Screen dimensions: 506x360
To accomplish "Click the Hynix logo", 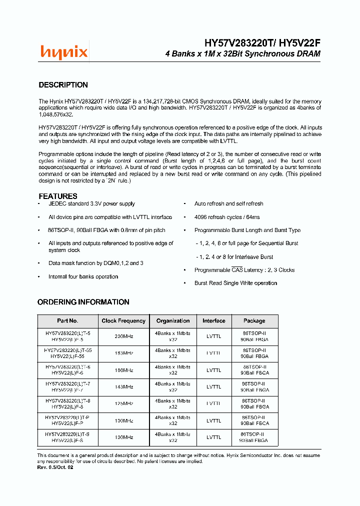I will tap(64, 51).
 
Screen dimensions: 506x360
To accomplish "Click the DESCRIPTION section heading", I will tap(63, 85).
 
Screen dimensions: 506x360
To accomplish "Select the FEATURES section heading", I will tap(58, 196).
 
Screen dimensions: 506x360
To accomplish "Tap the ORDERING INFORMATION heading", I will tap(83, 302).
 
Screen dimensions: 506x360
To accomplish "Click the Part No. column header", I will tap(67, 321).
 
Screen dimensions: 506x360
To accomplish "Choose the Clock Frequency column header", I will tap(123, 321).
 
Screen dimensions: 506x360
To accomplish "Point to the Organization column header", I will tap(173, 321).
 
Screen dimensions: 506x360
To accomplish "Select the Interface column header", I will tap(213, 321).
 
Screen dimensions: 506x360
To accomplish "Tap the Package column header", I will tap(254, 321).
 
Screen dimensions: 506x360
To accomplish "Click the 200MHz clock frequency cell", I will tap(123, 336).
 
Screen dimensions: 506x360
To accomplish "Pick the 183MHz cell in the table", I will tap(123, 353).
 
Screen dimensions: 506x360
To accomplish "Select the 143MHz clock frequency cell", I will tap(123, 386).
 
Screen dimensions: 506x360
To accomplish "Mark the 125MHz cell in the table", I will tap(123, 403).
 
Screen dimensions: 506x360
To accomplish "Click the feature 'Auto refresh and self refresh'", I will tap(228, 204).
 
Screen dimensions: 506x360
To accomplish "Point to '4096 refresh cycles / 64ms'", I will tap(227, 217).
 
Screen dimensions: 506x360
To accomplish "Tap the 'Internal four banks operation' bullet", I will tap(83, 276).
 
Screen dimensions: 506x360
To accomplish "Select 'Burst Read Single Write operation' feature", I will tap(235, 283).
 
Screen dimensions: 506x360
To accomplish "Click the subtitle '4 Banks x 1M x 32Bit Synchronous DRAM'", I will tap(242, 53).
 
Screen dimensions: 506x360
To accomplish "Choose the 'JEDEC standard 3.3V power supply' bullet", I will tap(91, 204).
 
